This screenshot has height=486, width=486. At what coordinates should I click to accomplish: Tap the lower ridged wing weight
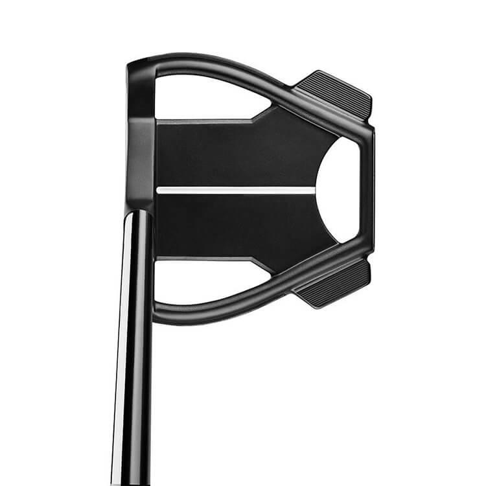pos(332,284)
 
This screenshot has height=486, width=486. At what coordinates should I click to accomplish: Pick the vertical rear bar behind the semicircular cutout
pos(368,189)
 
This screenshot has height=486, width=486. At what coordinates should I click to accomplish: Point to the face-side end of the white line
pos(159,191)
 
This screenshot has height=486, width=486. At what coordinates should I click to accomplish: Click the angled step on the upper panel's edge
pos(259,113)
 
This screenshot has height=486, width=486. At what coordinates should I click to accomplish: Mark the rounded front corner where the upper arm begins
pos(136,65)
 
